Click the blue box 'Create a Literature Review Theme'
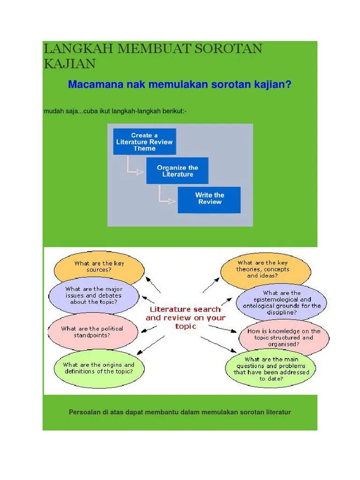pyautogui.click(x=144, y=142)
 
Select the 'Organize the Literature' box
pyautogui.click(x=177, y=171)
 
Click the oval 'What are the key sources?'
pyautogui.click(x=99, y=267)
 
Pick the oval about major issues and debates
pyautogui.click(x=94, y=296)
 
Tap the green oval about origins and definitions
pyautogui.click(x=98, y=368)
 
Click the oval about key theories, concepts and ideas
pyautogui.click(x=265, y=270)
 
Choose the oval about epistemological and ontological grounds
pyautogui.click(x=281, y=302)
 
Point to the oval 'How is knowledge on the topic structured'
pyautogui.click(x=284, y=337)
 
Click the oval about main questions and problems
pyautogui.click(x=271, y=369)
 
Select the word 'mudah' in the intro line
pyautogui.click(x=52, y=111)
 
